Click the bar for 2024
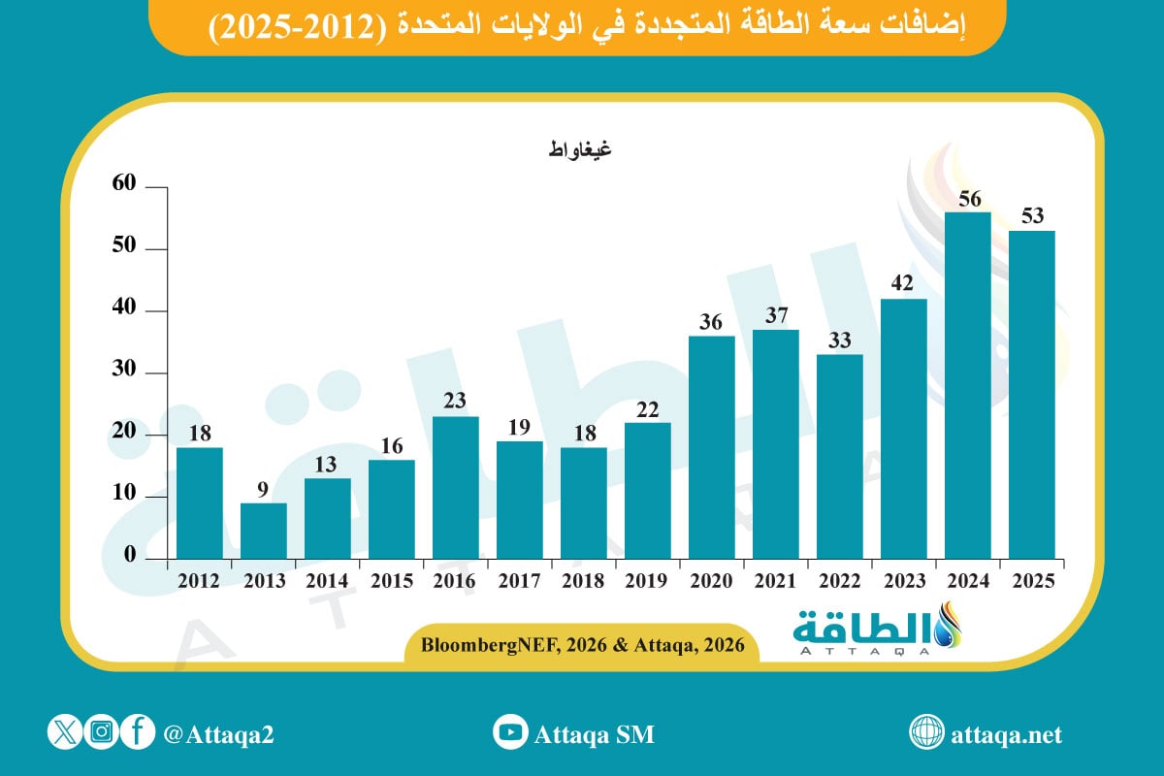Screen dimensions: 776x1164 coord(967,385)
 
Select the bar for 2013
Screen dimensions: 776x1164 coord(264,531)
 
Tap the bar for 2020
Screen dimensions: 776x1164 coord(711,447)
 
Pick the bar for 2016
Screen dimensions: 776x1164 coord(455,488)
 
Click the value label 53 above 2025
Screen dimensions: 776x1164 coord(1031,215)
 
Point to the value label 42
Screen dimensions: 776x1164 coord(903,283)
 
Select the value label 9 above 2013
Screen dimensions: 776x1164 coord(264,488)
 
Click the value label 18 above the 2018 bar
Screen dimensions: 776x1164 coord(583,433)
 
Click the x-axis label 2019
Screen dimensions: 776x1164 coord(647,581)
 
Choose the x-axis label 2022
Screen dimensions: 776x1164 coord(839,581)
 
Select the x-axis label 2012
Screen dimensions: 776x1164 coord(199,581)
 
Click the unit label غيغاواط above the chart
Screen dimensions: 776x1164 coord(578,149)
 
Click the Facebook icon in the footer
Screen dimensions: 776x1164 coord(138,733)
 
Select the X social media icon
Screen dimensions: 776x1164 coord(64,733)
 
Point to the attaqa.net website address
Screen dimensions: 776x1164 coord(1009,734)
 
